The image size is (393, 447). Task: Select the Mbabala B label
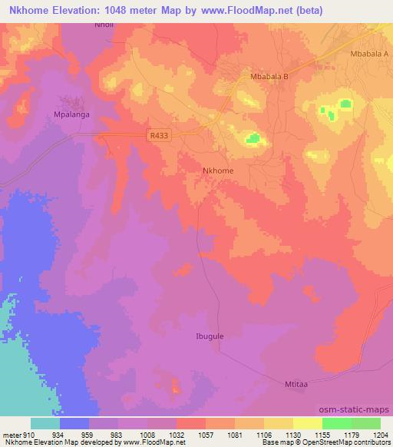tap(269, 78)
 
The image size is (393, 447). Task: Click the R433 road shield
tap(159, 136)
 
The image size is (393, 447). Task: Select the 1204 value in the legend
tap(381, 433)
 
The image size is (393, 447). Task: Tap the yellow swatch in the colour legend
tap(307, 423)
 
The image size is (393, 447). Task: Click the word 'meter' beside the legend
tap(9, 433)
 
